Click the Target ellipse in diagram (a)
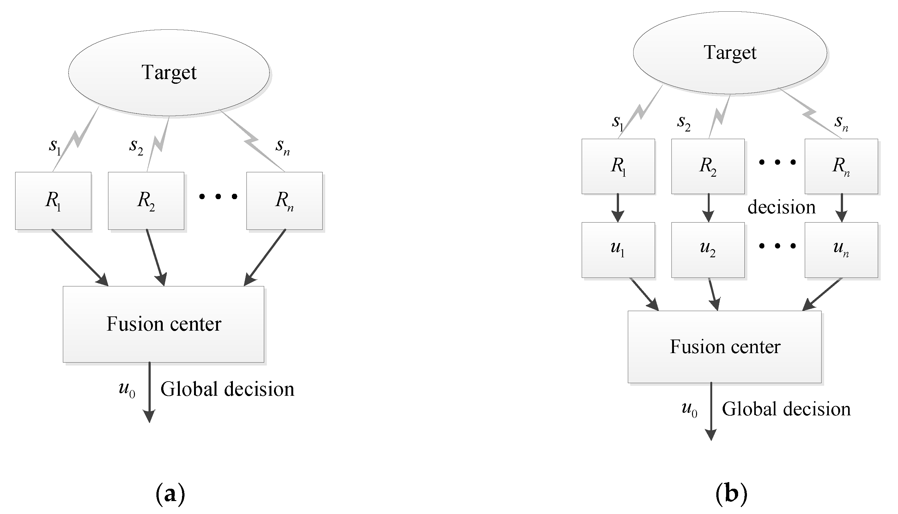169,73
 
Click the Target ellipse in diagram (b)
730,53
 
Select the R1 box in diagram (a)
53,201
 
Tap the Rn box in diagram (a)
284,201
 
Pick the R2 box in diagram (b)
708,166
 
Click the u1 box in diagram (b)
618,250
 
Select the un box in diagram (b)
841,250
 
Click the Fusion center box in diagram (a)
163,324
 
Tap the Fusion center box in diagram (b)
725,347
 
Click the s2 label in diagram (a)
136,146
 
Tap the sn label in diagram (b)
841,123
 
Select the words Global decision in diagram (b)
786,409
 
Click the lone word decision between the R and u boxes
781,207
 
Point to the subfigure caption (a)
170,494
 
